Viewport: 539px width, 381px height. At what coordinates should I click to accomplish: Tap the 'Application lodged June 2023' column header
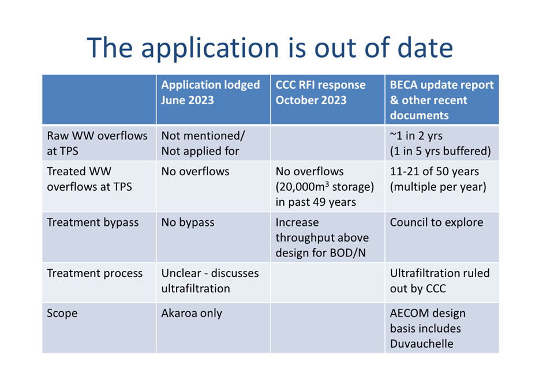coord(211,92)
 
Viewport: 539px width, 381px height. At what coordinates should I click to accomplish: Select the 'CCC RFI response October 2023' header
coord(320,92)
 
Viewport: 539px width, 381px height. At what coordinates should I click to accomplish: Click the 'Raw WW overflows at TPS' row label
coord(98,143)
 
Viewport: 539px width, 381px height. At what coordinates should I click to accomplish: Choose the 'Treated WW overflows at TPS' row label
coord(89,179)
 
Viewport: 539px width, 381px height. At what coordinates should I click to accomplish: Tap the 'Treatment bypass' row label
coord(93,222)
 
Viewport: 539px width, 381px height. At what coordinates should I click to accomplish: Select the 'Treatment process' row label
coord(95,273)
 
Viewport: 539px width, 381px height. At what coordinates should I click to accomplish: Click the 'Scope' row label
coord(62,314)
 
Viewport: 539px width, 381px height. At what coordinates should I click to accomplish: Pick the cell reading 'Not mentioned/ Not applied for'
coord(203,143)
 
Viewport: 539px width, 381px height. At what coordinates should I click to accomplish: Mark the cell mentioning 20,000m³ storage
coord(324,186)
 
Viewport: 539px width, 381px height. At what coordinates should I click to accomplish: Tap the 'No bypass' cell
coord(188,222)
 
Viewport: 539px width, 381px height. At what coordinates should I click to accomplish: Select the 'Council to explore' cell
coord(436,222)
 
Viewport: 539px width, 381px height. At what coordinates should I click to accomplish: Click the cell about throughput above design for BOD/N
coord(322,237)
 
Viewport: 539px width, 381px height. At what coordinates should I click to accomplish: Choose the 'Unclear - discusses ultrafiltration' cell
coord(210,281)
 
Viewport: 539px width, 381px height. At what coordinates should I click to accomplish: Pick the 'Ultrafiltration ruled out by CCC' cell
coord(440,281)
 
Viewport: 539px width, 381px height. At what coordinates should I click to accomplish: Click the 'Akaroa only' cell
coord(192,314)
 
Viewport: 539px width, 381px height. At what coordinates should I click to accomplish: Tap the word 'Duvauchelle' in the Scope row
coord(421,344)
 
